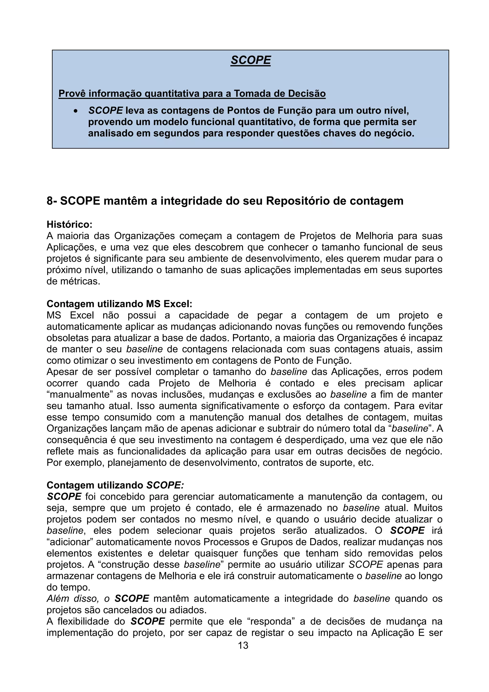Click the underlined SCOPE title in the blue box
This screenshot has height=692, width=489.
click(x=250, y=60)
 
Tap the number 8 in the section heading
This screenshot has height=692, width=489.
click(x=50, y=201)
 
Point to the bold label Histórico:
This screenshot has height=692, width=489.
click(x=69, y=224)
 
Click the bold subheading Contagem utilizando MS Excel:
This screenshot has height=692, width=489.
click(x=119, y=303)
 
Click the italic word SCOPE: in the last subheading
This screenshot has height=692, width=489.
click(x=165, y=485)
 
